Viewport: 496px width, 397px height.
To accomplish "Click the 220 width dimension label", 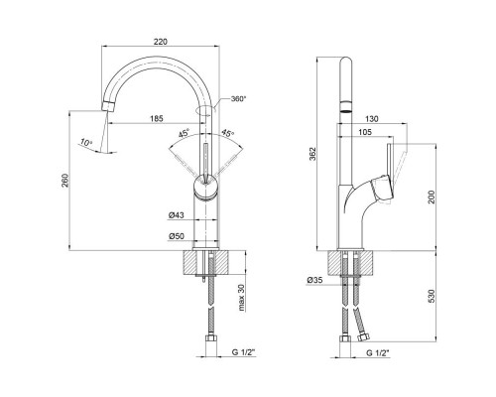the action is [161, 42].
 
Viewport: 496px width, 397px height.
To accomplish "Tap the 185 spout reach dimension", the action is [157, 118].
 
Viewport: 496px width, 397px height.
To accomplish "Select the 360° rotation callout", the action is [238, 98].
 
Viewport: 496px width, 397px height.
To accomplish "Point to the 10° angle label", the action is [85, 143].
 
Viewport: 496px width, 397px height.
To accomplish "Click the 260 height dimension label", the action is [65, 181].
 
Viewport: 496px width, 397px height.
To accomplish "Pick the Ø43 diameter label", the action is [176, 215].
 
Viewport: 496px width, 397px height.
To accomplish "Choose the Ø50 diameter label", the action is [176, 236].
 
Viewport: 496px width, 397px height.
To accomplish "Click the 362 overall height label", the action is [312, 154].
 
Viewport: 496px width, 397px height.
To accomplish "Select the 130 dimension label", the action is [372, 119].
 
